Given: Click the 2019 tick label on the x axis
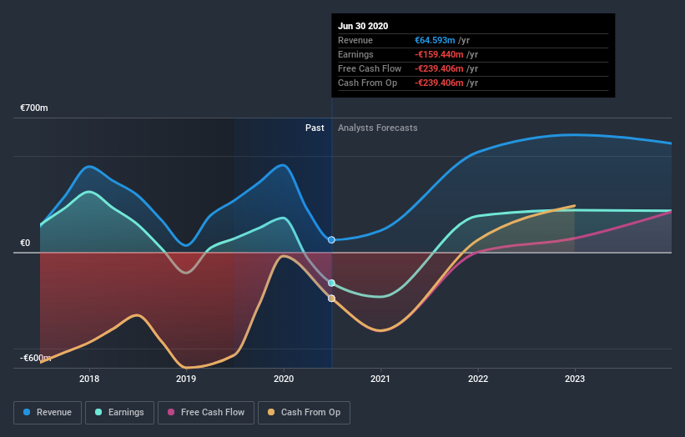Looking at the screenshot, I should [x=186, y=379].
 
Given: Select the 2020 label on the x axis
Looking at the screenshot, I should [x=284, y=379].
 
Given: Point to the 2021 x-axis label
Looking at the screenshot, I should [x=380, y=379].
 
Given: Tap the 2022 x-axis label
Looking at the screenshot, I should [x=477, y=379].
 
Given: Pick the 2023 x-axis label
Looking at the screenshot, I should [x=574, y=379].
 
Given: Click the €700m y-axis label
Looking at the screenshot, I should [x=34, y=108].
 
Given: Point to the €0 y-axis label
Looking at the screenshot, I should [x=25, y=243].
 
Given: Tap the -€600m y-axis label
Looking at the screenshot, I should [x=35, y=358].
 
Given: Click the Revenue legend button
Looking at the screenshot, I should [x=48, y=412].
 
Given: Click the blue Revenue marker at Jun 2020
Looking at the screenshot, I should [x=331, y=240].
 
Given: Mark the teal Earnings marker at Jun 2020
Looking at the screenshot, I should [x=331, y=284].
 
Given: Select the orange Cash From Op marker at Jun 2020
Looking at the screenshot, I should [x=331, y=299].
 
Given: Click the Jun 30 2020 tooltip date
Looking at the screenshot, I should [x=363, y=27].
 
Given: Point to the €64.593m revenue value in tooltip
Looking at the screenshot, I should [x=436, y=40].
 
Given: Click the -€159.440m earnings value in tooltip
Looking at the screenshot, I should [x=439, y=54].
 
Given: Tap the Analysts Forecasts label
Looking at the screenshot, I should [x=377, y=128].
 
